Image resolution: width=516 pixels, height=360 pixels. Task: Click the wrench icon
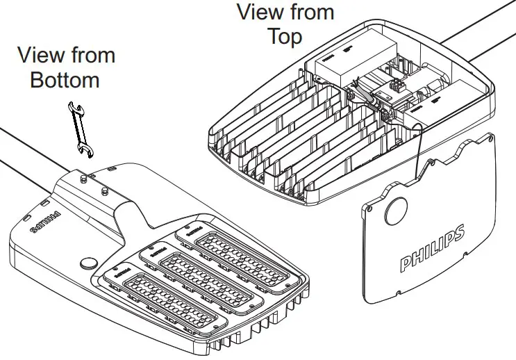[81, 126]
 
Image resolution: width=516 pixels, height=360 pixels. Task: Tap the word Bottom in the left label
[65, 80]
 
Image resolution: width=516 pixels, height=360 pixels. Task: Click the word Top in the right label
[285, 36]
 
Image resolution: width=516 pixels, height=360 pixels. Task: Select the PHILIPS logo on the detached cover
[431, 248]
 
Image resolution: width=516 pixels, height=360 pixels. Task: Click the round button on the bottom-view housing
[89, 263]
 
